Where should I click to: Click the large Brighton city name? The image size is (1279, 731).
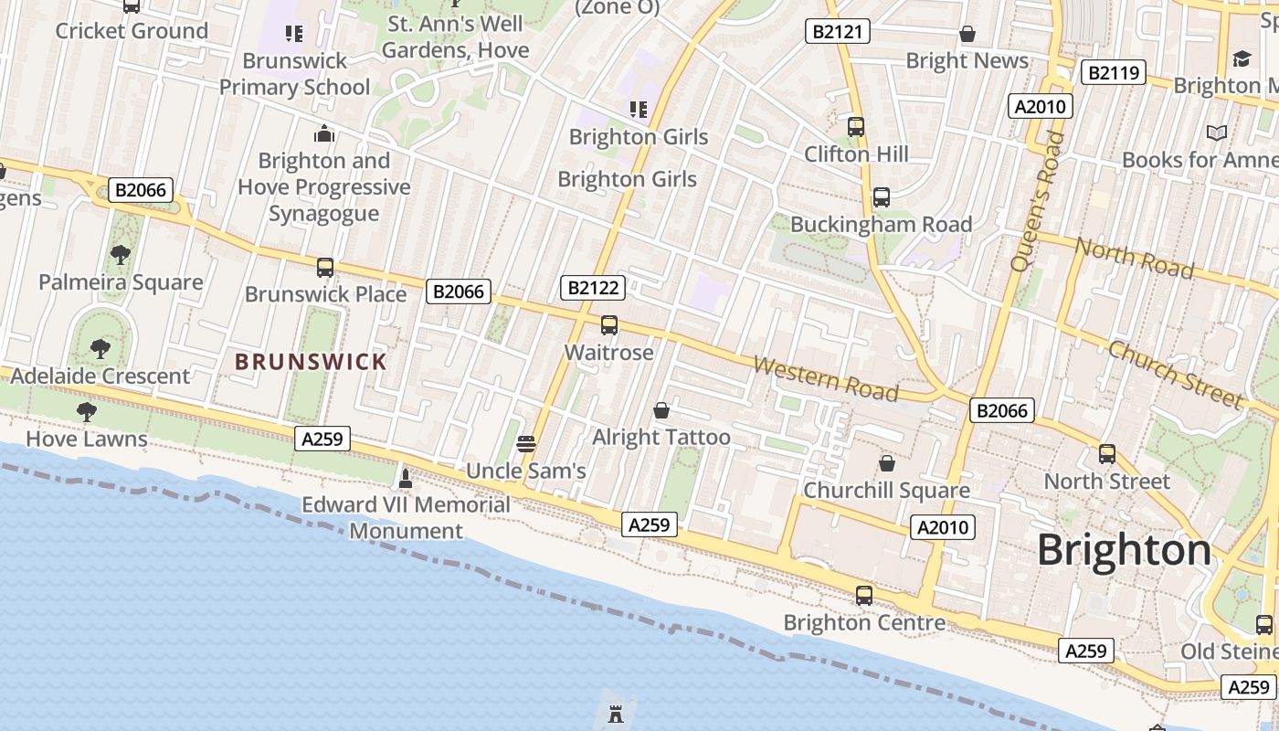coord(1124,550)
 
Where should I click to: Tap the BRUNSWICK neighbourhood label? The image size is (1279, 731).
coord(312,362)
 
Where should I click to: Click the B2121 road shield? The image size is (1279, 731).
coord(837,32)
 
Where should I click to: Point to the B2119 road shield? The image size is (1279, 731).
coord(1113,72)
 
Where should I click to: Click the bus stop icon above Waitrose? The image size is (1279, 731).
coord(609,325)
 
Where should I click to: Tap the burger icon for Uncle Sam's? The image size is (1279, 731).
coord(525,444)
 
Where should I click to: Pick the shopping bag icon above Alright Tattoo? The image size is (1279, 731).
coord(661,411)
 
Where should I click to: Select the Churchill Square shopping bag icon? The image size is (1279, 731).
coord(886,464)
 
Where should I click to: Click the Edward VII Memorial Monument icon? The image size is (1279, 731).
coord(406,477)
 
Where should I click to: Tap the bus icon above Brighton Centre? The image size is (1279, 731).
coord(864,596)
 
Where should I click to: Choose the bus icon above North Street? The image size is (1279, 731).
coord(1107,454)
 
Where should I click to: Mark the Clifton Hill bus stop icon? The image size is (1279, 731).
coord(856,127)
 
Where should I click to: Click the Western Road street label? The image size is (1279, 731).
coord(825,378)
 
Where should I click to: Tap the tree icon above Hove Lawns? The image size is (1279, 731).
coord(87,412)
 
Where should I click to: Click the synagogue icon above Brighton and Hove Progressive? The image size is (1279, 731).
coord(324,134)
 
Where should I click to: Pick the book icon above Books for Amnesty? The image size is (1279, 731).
coord(1216,133)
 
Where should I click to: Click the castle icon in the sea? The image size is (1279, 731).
coord(616,714)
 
